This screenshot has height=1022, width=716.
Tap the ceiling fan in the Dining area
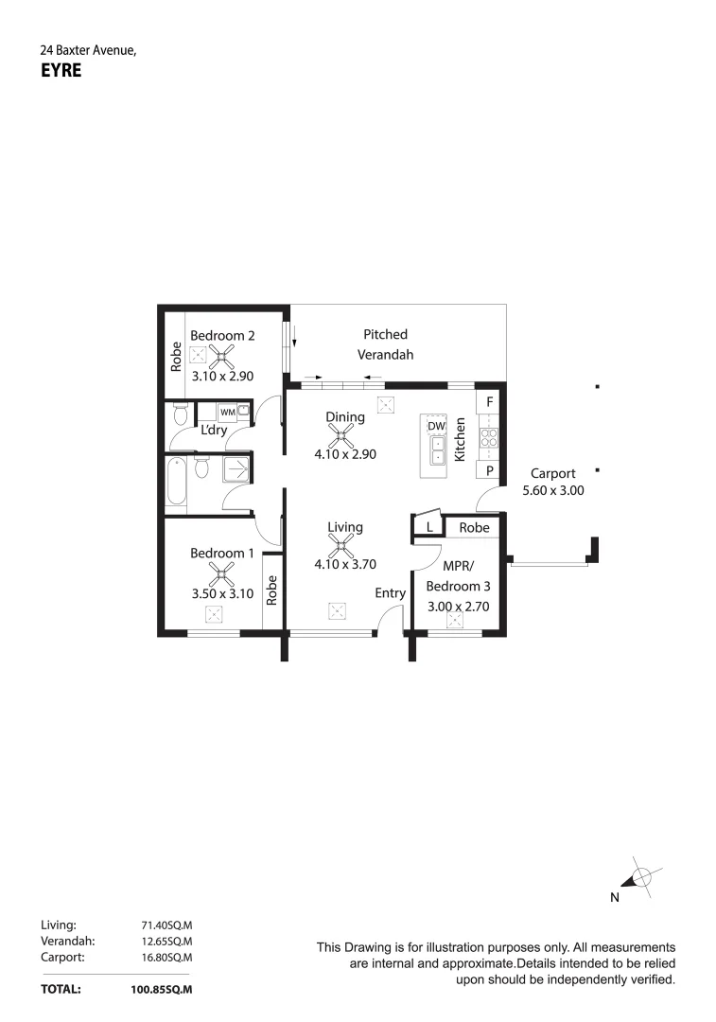click(x=341, y=436)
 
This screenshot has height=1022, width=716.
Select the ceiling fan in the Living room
click(x=341, y=546)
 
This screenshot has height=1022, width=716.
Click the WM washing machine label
click(x=227, y=413)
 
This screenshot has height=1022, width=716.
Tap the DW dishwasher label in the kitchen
click(x=436, y=427)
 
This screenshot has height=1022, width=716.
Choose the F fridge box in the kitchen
click(x=489, y=401)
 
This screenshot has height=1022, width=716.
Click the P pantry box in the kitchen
click(x=489, y=470)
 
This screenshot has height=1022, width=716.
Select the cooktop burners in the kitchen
click(x=490, y=436)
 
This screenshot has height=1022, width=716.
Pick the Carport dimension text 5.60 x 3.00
click(x=553, y=491)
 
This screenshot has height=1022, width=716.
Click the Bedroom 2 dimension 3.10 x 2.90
click(x=222, y=376)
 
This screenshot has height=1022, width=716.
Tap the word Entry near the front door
click(x=390, y=593)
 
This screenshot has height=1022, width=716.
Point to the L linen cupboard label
click(x=428, y=527)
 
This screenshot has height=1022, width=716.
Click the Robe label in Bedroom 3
click(x=475, y=527)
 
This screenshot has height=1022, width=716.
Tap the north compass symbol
click(x=638, y=878)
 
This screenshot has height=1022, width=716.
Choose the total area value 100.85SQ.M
click(x=161, y=989)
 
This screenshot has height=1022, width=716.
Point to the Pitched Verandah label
click(x=385, y=344)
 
